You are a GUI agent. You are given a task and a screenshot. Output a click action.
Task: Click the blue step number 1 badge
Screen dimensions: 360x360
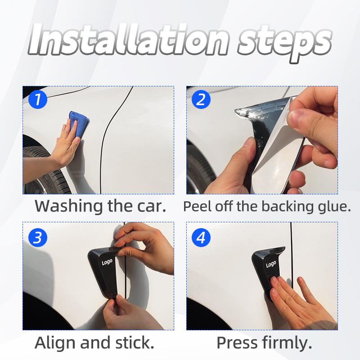click(38, 99)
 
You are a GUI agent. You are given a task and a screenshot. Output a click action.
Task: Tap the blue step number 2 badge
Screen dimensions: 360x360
click(201, 99)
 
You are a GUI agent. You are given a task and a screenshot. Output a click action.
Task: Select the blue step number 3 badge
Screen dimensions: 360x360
click(38, 238)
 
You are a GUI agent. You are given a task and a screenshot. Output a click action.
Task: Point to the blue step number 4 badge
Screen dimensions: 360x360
click(201, 238)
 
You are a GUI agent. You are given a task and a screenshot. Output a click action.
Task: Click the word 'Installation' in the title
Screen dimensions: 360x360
click(129, 40)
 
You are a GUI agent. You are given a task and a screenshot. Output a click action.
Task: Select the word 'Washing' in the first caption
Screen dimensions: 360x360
click(69, 207)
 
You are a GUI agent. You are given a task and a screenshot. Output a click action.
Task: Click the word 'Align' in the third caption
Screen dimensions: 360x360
click(56, 343)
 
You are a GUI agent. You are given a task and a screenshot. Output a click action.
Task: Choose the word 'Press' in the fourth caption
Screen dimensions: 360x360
click(237, 343)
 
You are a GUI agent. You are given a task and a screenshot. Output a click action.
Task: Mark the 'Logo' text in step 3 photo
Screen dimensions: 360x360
click(107, 262)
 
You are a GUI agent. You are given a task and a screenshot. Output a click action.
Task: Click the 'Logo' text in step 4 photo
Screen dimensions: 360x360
click(271, 264)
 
